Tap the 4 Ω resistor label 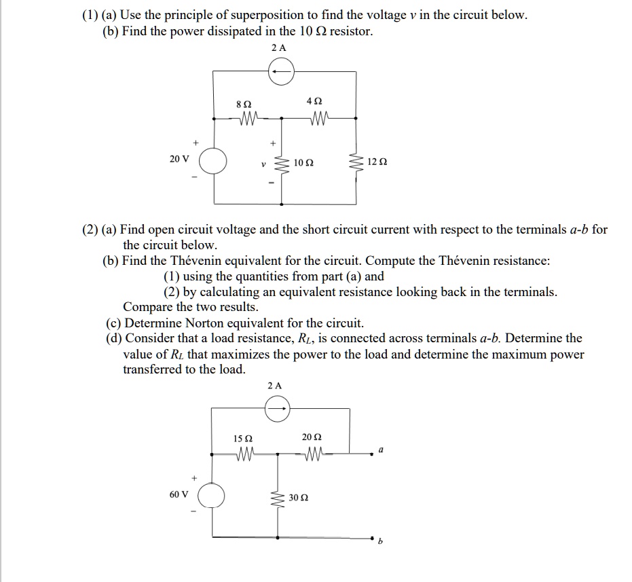tap(314, 101)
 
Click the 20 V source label tap(180, 158)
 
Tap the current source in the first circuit tap(280, 71)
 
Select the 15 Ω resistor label tap(242, 438)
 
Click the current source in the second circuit tap(277, 409)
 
